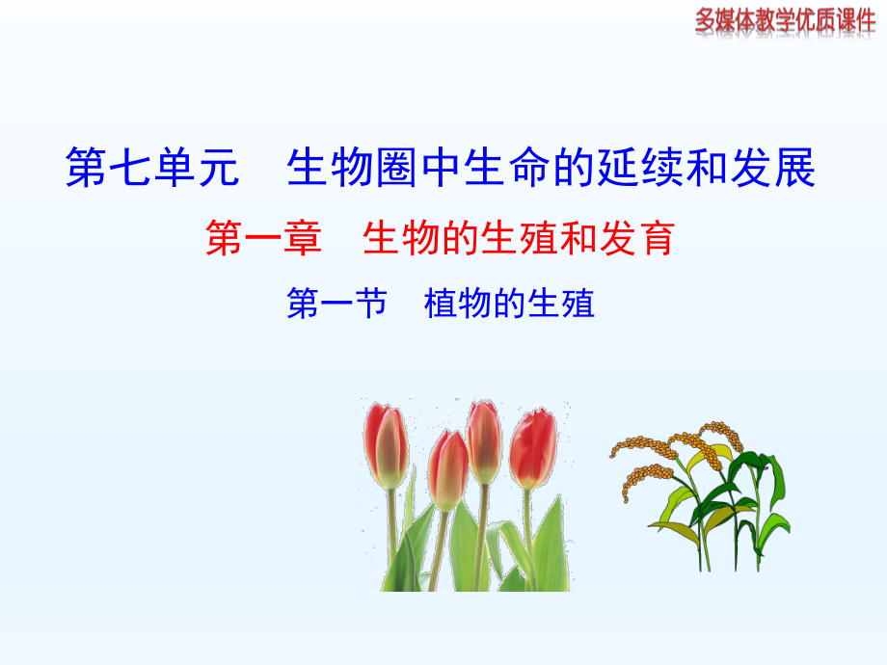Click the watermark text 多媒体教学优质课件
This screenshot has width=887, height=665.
tap(785, 19)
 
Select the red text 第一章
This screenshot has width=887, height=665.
tap(263, 238)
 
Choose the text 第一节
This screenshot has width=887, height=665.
tap(336, 305)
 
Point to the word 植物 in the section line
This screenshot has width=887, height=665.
tap(457, 305)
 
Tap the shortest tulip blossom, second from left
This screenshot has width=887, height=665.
tap(448, 469)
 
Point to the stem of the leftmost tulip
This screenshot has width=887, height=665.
tap(391, 530)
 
